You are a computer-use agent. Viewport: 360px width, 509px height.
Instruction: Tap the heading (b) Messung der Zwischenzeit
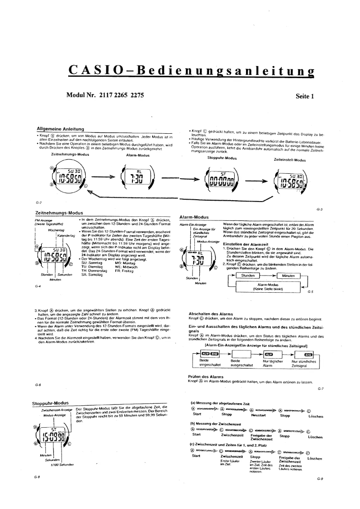[220, 423]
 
